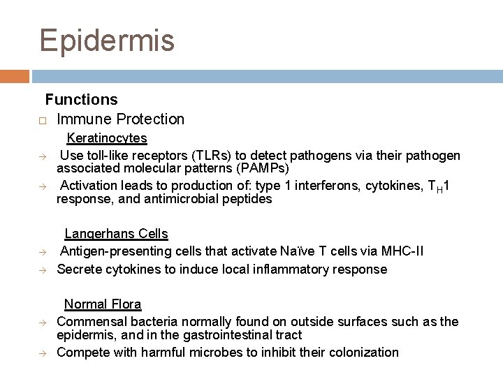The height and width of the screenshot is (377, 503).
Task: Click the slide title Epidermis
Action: [107, 40]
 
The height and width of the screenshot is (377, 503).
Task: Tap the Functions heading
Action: [82, 100]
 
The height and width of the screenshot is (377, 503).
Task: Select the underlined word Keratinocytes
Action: [107, 139]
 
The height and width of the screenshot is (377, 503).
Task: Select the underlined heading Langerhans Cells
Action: [116, 234]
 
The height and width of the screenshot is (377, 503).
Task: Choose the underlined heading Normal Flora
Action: [103, 304]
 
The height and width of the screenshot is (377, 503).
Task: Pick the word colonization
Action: [362, 352]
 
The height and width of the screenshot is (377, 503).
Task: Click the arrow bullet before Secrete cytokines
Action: [43, 269]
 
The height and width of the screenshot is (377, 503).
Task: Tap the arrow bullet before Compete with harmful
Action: [43, 353]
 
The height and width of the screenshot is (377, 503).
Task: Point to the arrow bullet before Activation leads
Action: [43, 186]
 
